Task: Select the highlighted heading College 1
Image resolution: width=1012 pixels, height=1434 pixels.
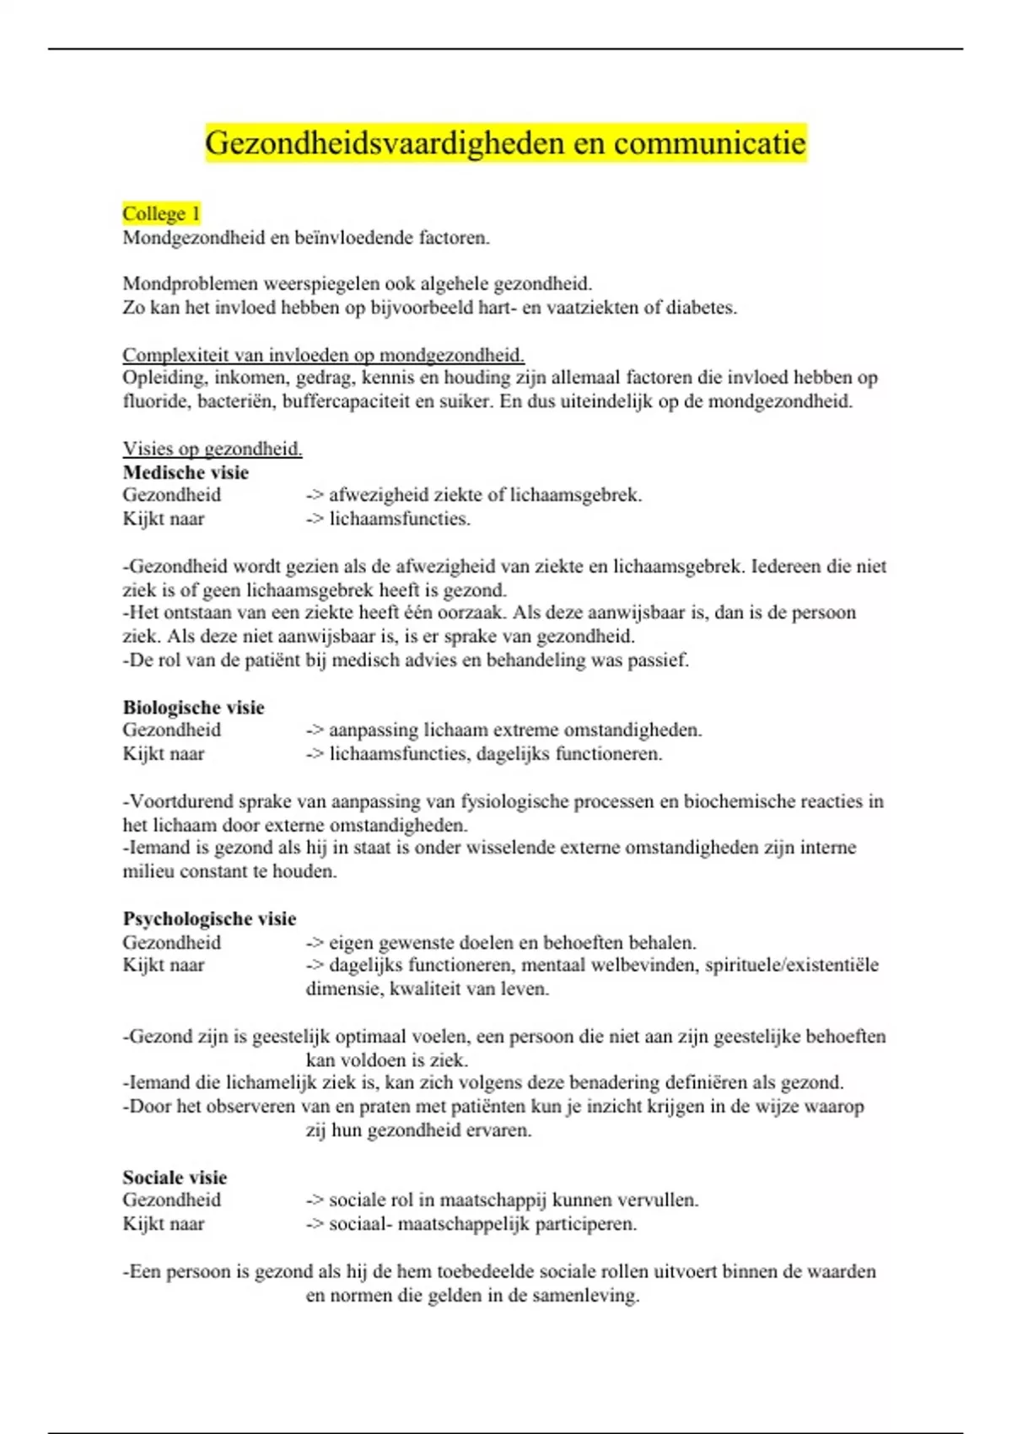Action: click(x=161, y=213)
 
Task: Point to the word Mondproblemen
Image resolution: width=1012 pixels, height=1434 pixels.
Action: click(x=191, y=284)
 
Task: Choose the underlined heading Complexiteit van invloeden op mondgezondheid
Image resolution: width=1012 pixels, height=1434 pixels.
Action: click(x=323, y=355)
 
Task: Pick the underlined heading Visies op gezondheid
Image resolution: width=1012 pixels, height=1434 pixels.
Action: click(x=213, y=449)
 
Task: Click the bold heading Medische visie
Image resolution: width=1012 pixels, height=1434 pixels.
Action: click(x=186, y=472)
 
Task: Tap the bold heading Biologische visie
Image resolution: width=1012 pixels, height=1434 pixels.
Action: click(x=193, y=708)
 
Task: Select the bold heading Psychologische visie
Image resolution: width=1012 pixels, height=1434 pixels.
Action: click(x=209, y=919)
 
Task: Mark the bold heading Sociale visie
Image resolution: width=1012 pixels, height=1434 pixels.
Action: click(x=175, y=1178)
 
